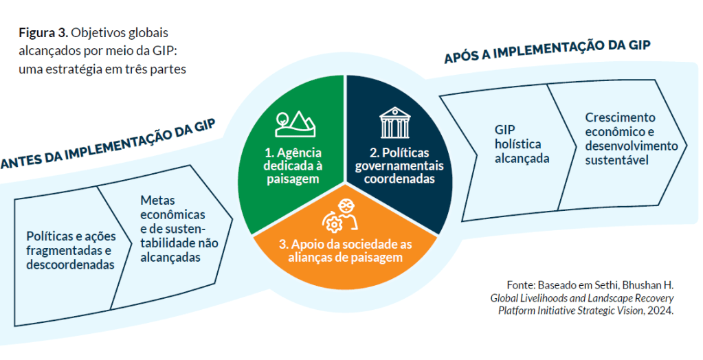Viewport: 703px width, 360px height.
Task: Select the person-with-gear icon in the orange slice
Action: pyautogui.click(x=342, y=216)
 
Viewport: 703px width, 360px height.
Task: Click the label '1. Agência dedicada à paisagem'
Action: pyautogui.click(x=293, y=166)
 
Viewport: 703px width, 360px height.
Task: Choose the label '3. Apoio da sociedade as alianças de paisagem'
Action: pyautogui.click(x=345, y=251)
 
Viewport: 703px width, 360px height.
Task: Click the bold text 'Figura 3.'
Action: pyautogui.click(x=42, y=33)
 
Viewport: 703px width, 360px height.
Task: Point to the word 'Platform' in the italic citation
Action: pyautogui.click(x=518, y=310)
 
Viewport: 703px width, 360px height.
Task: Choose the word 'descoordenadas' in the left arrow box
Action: pyautogui.click(x=69, y=265)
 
